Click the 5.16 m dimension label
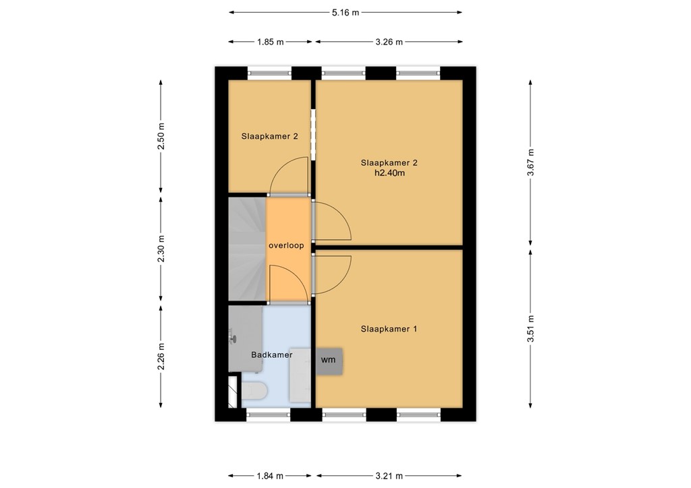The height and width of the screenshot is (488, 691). (x=345, y=12)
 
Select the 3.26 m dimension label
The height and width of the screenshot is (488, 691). (x=389, y=42)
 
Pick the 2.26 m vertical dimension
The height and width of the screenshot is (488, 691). (x=161, y=357)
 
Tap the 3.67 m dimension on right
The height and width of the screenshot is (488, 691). (x=530, y=162)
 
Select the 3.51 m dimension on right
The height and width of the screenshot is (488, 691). (x=530, y=328)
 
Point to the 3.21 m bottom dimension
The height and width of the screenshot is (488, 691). (x=389, y=477)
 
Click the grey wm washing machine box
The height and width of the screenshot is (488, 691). (x=329, y=361)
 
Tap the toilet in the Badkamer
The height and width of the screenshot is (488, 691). (x=254, y=391)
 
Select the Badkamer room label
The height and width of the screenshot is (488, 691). (x=271, y=355)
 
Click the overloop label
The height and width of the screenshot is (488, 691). (x=285, y=245)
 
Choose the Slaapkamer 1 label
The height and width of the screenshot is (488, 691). (x=389, y=329)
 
